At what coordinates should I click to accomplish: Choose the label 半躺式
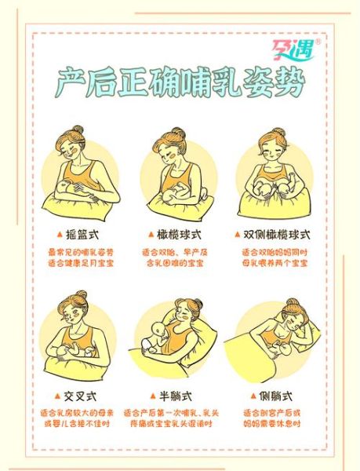180,394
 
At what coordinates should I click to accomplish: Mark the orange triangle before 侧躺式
253,394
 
